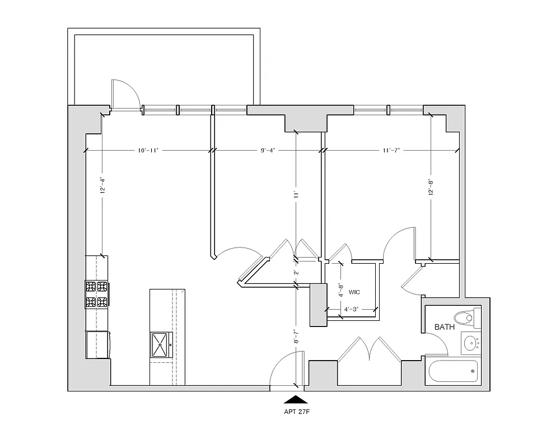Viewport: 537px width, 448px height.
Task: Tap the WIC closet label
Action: (354, 292)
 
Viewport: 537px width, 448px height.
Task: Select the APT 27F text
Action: (297, 414)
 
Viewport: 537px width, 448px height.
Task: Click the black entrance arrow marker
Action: (297, 399)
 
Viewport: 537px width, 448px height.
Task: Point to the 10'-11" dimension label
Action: (148, 151)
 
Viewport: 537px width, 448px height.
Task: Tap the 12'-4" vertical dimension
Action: (102, 186)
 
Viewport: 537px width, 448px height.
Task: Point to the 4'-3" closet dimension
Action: (351, 309)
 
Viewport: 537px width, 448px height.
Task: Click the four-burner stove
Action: (96, 295)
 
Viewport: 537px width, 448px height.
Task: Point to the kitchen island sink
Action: (161, 344)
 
